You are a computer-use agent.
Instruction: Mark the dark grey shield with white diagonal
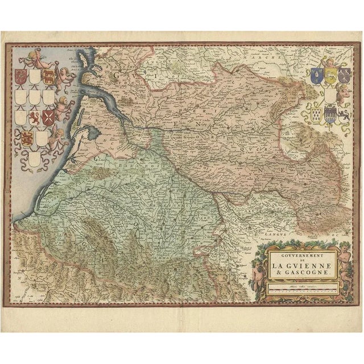tap(344, 75)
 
